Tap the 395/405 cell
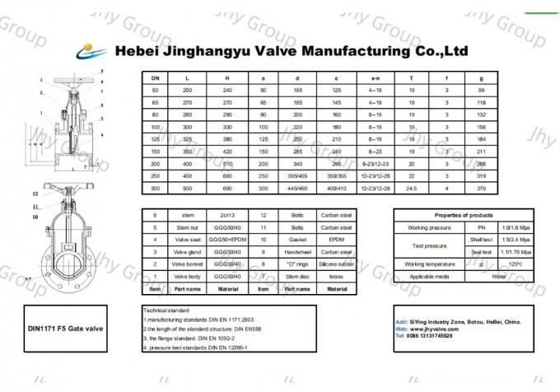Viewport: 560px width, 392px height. (x=296, y=175)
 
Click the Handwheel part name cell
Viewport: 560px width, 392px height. (x=296, y=251)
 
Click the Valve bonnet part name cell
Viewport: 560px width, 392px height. (x=187, y=264)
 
